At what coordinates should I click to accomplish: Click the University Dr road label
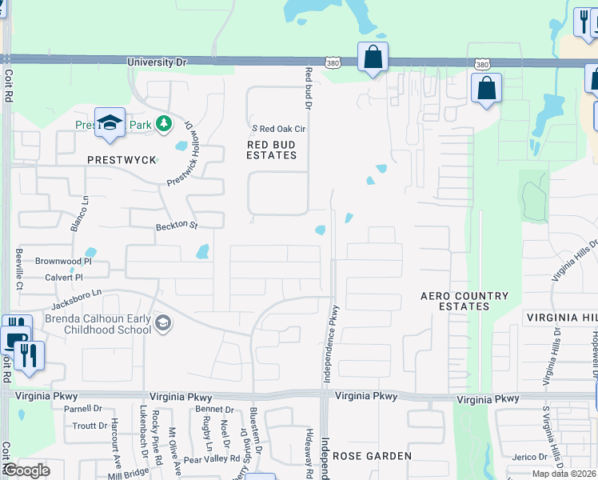(x=157, y=61)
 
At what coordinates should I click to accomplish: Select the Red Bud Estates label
(x=271, y=150)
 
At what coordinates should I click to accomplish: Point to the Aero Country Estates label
(x=464, y=301)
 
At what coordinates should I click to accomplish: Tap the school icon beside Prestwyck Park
(x=110, y=122)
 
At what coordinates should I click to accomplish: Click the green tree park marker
(x=164, y=123)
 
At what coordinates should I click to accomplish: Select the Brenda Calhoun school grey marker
(x=163, y=322)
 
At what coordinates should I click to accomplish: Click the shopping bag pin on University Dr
(x=373, y=57)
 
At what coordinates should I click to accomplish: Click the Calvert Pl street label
(x=64, y=277)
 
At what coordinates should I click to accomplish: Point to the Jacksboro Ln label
(x=78, y=295)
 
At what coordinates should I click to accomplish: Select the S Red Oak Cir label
(x=279, y=128)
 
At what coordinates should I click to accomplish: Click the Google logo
(x=26, y=470)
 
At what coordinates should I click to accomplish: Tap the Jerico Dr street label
(x=530, y=456)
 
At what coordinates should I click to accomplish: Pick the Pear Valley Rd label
(x=212, y=459)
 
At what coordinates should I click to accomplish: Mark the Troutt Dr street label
(x=90, y=426)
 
